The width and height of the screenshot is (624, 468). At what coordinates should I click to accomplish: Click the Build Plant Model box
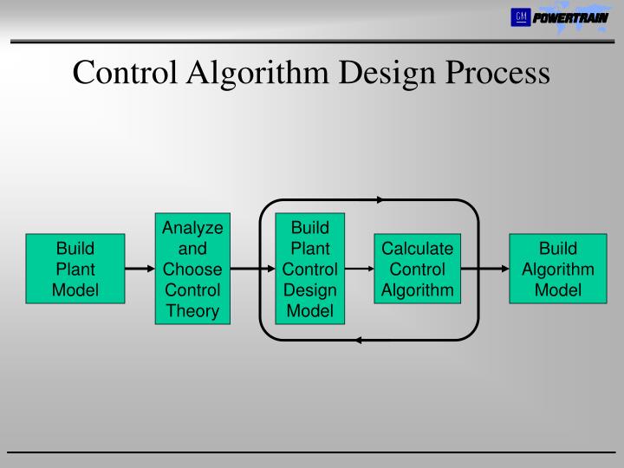click(x=75, y=269)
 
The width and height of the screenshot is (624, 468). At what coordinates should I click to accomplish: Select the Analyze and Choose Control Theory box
click(x=192, y=269)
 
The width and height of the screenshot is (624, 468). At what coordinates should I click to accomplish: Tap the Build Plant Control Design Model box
click(x=309, y=269)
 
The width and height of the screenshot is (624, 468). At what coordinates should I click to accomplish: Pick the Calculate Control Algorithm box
click(x=418, y=269)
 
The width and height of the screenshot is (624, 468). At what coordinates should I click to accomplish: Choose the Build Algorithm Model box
click(x=557, y=269)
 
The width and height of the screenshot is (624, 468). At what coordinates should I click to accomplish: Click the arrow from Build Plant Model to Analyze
click(x=139, y=269)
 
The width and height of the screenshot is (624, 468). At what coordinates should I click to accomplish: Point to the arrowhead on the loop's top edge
click(x=379, y=200)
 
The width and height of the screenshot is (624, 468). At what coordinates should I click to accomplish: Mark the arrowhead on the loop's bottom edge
click(x=361, y=340)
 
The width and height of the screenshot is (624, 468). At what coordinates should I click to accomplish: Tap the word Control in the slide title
click(x=124, y=73)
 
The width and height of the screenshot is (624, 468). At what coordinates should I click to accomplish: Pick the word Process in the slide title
click(x=497, y=73)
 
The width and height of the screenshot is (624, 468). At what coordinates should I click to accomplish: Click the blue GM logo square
click(x=520, y=16)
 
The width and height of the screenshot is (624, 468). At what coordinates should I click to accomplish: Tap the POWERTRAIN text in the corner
click(x=570, y=17)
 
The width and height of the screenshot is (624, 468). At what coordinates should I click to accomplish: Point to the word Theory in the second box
click(x=192, y=310)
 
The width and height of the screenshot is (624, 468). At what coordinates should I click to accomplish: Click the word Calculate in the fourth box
click(x=418, y=249)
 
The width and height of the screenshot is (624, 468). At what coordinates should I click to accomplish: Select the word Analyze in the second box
click(x=192, y=228)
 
